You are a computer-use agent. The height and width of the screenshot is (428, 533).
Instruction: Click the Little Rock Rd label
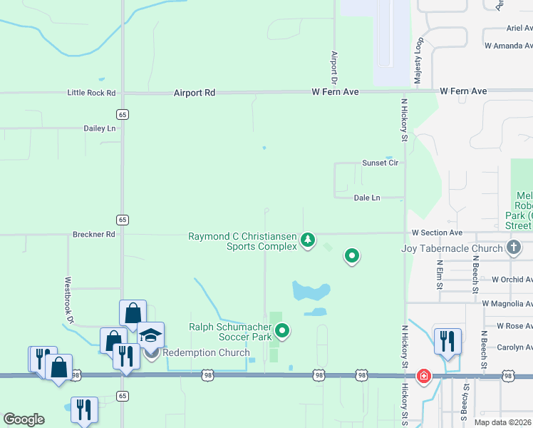[x=91, y=93]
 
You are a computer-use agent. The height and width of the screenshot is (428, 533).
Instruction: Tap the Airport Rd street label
[x=194, y=93]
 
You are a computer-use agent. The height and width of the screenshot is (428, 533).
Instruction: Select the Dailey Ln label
[x=100, y=128]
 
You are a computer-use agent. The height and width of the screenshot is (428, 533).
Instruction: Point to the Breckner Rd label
[x=93, y=234]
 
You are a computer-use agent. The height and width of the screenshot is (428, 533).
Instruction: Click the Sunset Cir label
[x=380, y=163]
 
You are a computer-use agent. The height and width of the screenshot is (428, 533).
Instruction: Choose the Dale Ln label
[x=366, y=198]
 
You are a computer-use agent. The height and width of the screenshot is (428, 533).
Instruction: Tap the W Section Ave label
[x=437, y=233]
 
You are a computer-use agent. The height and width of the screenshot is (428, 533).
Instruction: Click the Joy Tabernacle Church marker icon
[x=513, y=248]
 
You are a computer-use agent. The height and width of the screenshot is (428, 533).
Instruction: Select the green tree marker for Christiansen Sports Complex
[x=308, y=240]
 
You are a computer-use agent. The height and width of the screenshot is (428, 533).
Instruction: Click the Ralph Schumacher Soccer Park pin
[x=283, y=330]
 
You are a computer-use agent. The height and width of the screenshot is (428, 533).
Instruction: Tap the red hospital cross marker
[x=424, y=376]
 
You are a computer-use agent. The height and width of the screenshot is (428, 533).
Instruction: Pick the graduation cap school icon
[x=150, y=335]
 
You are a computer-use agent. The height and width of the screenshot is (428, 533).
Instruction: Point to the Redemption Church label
[x=206, y=352]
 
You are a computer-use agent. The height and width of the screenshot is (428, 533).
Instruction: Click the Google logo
[x=24, y=419]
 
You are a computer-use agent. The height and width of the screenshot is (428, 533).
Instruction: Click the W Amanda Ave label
[x=508, y=45]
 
